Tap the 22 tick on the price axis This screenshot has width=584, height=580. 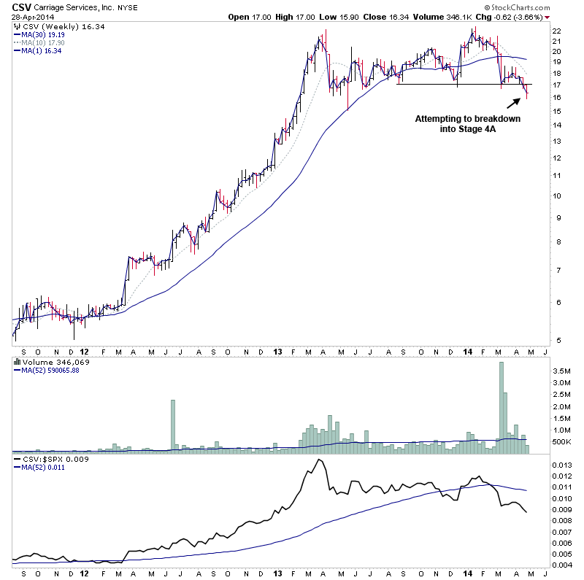click(556, 31)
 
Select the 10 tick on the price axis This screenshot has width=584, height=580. click(556, 196)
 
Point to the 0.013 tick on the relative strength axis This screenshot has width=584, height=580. click(562, 464)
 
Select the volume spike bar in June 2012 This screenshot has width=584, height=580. click(173, 426)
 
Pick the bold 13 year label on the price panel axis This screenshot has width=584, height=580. click(277, 351)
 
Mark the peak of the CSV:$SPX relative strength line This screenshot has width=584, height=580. click(318, 460)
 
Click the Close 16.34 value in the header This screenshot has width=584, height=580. click(377, 16)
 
